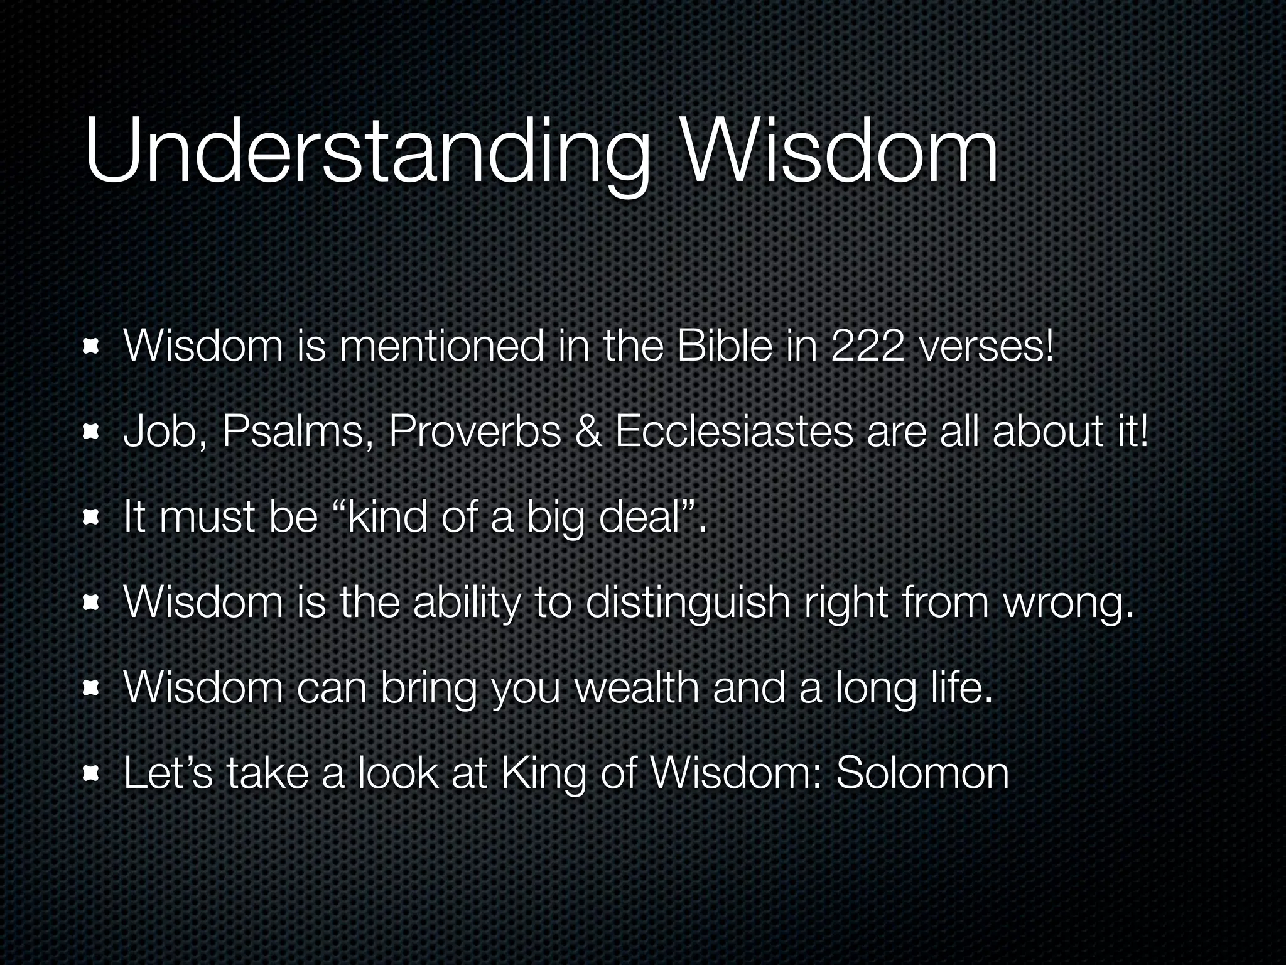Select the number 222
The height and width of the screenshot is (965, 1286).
coord(868,347)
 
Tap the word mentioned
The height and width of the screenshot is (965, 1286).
coord(441,347)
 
